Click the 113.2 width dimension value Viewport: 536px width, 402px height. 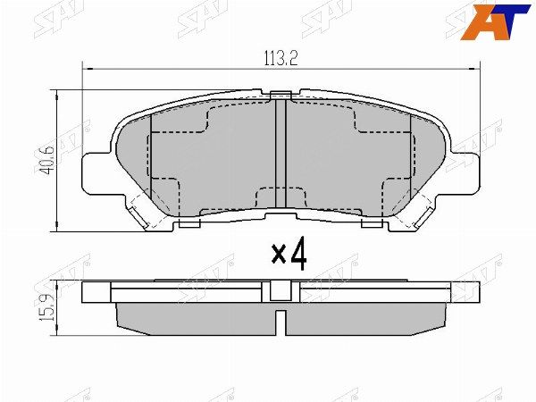[280, 60]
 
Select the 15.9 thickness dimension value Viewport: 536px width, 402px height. [46, 305]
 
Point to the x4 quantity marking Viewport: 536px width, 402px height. [289, 254]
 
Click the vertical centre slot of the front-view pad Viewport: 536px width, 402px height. [281, 156]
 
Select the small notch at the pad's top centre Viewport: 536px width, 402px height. [281, 92]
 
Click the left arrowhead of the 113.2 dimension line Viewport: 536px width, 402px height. [87, 69]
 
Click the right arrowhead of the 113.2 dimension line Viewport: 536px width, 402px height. [475, 69]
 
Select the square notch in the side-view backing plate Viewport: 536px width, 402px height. [281, 289]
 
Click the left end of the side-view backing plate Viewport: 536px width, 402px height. [86, 291]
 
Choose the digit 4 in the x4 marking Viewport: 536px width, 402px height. [297, 254]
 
